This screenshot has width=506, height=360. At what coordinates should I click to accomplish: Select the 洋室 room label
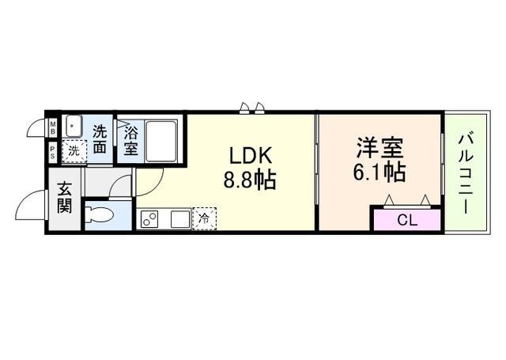pos(380,148)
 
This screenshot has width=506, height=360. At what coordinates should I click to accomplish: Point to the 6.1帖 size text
pos(380,172)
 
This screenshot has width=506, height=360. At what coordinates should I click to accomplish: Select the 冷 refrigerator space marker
pos(203,218)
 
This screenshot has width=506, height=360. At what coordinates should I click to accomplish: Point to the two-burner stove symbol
pos(150,219)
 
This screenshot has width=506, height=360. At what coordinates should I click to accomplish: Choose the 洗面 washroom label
pos(100,138)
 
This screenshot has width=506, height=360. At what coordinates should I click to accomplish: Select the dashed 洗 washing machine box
pos(74,150)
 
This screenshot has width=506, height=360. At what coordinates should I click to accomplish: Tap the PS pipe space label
pos(53,152)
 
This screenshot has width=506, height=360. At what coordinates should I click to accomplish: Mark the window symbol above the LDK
pos(253,107)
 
